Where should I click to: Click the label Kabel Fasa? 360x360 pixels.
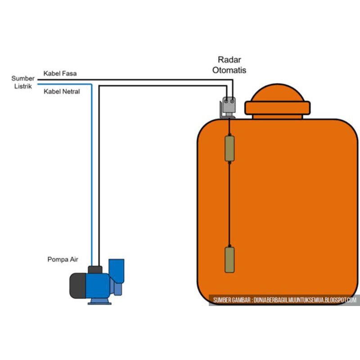click(x=60, y=73)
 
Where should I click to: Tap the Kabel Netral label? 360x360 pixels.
click(x=62, y=91)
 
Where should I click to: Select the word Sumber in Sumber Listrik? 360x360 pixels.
click(x=23, y=78)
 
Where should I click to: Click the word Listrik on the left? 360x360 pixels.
click(x=22, y=86)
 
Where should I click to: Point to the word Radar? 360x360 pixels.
click(x=229, y=60)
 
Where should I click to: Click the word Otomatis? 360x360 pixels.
click(x=229, y=70)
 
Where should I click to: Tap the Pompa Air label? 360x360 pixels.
click(x=63, y=260)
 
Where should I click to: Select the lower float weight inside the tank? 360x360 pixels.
click(x=229, y=259)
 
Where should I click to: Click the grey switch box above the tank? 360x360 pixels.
click(x=229, y=106)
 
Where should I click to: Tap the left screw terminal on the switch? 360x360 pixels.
click(x=226, y=101)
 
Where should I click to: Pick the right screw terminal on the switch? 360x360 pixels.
click(x=232, y=101)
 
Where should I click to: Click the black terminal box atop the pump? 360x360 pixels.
click(x=95, y=270)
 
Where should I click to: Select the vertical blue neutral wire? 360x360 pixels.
click(x=92, y=180)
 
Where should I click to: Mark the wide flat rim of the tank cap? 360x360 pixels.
click(x=277, y=108)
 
